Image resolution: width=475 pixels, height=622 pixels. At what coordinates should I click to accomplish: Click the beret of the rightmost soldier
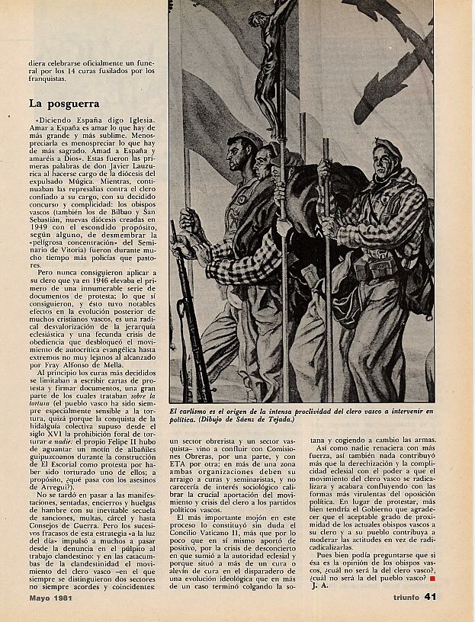tap(388, 146)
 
